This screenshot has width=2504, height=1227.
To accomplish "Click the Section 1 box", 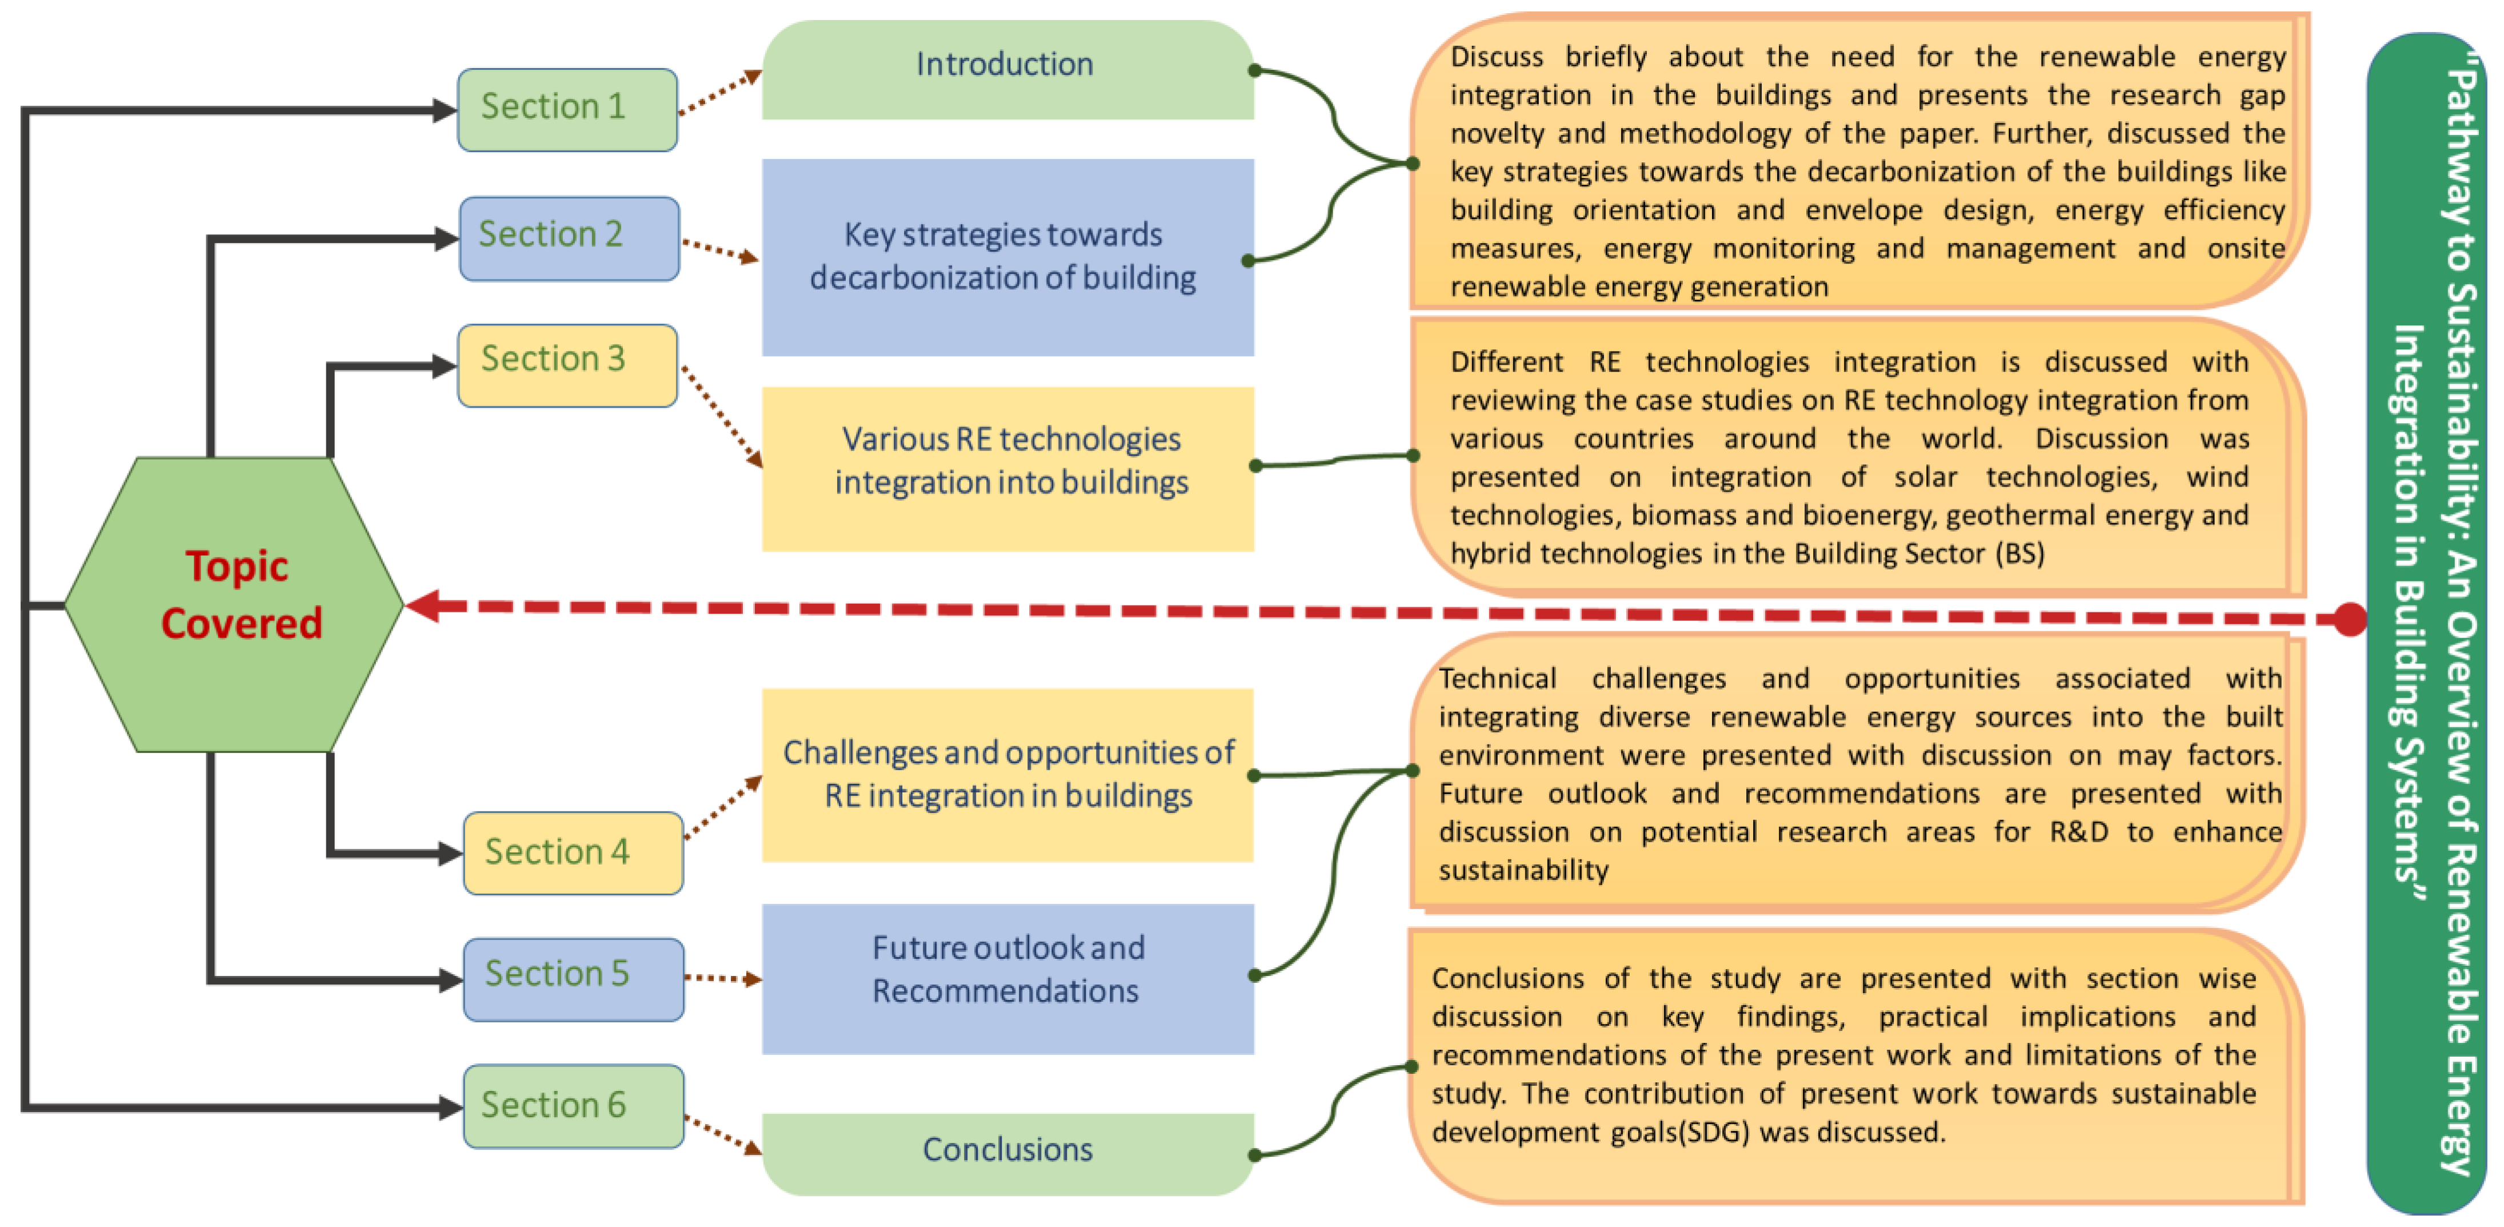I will click(x=567, y=109).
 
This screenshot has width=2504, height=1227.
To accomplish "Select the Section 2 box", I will click(x=569, y=238).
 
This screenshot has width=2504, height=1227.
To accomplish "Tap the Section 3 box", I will click(x=567, y=365).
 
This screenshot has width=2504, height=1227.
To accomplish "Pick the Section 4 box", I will click(x=573, y=852).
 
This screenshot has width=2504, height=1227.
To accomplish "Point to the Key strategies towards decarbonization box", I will click(x=1007, y=257).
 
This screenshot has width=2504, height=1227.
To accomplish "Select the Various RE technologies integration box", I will click(x=1007, y=469).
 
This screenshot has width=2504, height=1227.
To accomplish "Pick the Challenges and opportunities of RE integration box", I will click(x=1007, y=775).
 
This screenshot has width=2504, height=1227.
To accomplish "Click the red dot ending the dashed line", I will click(x=2350, y=619).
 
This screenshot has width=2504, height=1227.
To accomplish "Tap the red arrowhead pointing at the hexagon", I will click(x=424, y=605).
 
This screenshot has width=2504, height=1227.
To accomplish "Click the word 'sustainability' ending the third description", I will click(x=1523, y=870).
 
